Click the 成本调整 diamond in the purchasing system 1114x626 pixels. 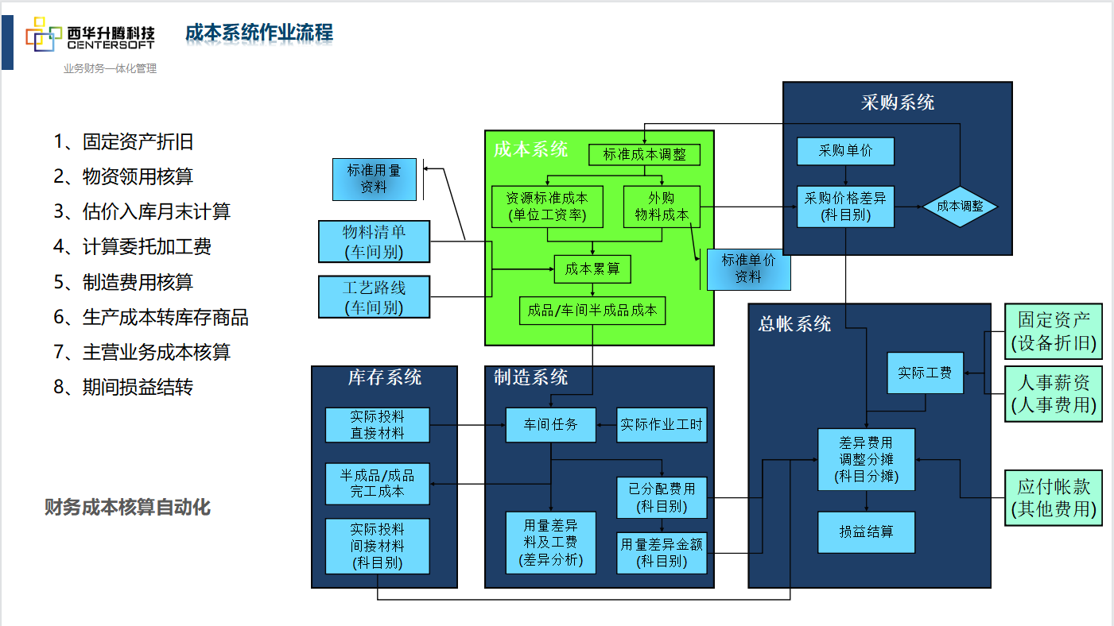pos(960,206)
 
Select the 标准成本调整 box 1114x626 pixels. pos(644,154)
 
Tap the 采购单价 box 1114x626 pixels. pos(845,151)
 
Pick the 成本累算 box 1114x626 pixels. pos(592,269)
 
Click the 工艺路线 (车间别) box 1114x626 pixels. pos(374,297)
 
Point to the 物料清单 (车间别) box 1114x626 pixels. pos(374,242)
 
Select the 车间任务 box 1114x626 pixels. pos(550,425)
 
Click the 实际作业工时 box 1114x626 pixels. pos(662,425)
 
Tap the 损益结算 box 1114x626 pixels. pos(866,531)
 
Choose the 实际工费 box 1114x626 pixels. pos(925,373)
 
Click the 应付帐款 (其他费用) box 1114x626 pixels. pos(1054,497)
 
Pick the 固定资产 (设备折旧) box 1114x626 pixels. pos(1054,331)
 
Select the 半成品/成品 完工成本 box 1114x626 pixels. pos(377,484)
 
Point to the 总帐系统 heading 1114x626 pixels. pos(794,323)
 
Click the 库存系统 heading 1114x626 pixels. pos(385,377)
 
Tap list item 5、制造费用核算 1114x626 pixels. pos(123,282)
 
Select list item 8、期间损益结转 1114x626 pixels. pos(123,387)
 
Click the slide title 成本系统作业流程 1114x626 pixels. pos(259,33)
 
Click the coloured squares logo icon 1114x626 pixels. pos(44,37)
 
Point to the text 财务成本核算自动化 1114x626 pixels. pos(127,507)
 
